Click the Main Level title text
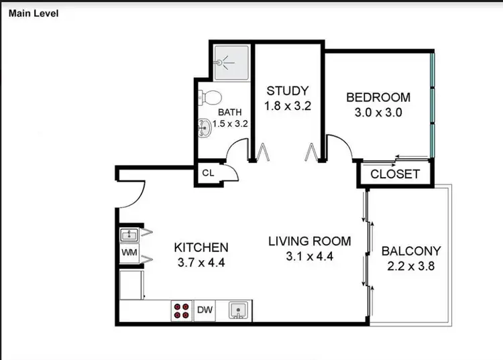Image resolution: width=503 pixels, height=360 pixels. click(32, 12)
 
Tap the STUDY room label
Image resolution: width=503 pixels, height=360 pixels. click(287, 91)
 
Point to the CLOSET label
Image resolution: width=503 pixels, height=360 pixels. click(395, 174)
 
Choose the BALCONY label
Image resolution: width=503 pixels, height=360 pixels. click(411, 251)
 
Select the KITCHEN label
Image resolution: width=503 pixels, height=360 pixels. click(201, 247)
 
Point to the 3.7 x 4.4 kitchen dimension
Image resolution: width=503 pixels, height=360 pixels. click(201, 262)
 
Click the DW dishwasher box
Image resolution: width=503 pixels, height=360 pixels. click(205, 310)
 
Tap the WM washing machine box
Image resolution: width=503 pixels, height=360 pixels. click(129, 253)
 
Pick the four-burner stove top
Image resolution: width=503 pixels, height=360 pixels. click(182, 310)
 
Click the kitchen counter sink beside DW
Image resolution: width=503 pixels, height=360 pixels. click(236, 310)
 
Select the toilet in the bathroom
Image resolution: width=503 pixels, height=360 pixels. click(209, 97)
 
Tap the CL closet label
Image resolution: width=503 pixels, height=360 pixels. click(208, 173)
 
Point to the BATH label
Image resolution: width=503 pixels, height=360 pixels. click(229, 112)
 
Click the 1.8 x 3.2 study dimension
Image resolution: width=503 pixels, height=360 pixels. click(287, 106)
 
